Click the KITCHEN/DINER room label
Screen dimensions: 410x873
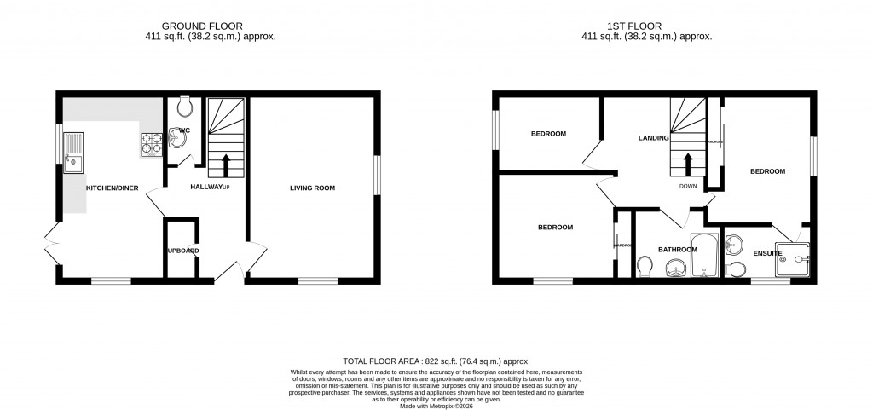[x=113, y=188]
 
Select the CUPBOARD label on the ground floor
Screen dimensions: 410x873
[x=182, y=251]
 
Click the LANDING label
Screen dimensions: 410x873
[x=654, y=137]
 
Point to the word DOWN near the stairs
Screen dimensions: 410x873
[x=689, y=186]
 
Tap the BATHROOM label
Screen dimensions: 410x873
[x=677, y=250]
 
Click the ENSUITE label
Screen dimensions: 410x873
[x=767, y=253]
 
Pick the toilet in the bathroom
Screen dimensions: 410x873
[x=645, y=269]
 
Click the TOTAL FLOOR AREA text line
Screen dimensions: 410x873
[x=442, y=361]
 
